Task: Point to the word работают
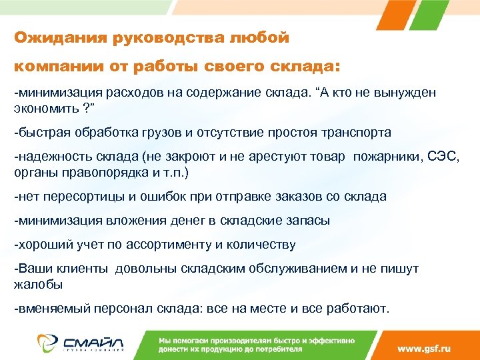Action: [x=359, y=309]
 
